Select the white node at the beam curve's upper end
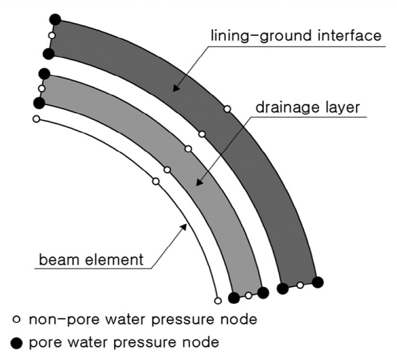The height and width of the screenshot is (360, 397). [36, 119]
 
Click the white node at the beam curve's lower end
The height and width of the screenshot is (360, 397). [217, 300]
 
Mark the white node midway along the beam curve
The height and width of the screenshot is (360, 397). [155, 181]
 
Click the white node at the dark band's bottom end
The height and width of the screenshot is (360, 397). [300, 285]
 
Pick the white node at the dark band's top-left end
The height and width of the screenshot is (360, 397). [52, 35]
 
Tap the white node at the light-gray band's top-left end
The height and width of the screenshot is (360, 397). [42, 88]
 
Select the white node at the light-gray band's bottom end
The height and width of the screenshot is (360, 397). [248, 295]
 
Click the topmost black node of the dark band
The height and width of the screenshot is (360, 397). [55, 20]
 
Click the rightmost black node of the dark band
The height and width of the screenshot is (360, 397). [318, 282]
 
